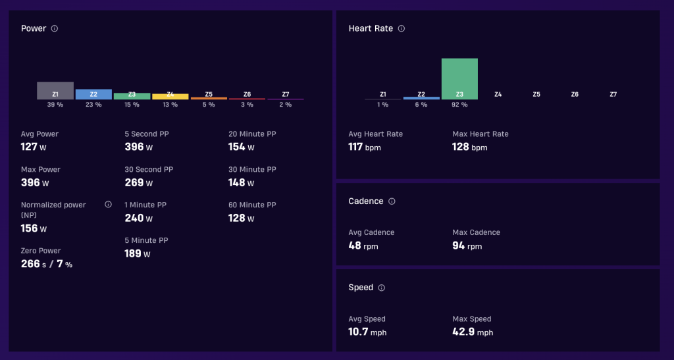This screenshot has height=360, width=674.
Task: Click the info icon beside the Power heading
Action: click(x=55, y=29)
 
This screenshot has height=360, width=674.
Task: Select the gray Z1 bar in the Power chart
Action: click(x=55, y=91)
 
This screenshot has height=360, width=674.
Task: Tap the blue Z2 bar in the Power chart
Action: click(x=93, y=95)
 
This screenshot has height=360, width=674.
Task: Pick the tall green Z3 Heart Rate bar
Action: click(x=459, y=79)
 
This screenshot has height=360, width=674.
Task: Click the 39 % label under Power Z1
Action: click(x=55, y=105)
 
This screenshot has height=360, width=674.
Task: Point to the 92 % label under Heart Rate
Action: click(x=459, y=105)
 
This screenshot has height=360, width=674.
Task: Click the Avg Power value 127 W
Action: click(x=34, y=147)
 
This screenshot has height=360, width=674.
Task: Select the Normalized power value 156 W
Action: click(x=34, y=228)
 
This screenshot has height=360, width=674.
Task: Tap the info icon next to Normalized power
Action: click(x=109, y=205)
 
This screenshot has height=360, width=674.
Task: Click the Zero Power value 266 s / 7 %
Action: click(x=47, y=264)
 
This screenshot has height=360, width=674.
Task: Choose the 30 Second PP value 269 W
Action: click(x=138, y=182)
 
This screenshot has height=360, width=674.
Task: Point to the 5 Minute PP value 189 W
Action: click(x=138, y=253)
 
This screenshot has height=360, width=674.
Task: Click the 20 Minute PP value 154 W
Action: click(x=241, y=147)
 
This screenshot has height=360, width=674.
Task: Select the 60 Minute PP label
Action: click(x=252, y=205)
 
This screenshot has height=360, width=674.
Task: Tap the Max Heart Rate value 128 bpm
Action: click(x=470, y=147)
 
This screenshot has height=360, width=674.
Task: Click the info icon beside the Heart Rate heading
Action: click(x=402, y=29)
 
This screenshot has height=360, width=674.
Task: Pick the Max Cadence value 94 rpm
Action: click(x=467, y=245)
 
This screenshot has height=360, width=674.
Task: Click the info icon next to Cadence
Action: click(x=392, y=201)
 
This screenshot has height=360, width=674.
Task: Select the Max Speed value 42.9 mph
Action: click(x=473, y=332)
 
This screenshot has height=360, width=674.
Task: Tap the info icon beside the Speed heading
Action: click(x=381, y=288)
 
